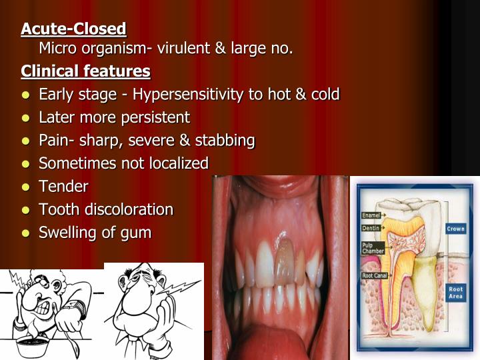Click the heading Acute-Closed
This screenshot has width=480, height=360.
point(73,29)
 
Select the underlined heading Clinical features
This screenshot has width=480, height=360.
point(85,71)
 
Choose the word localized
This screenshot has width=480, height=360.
point(175,163)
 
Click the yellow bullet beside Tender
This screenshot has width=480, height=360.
point(25,187)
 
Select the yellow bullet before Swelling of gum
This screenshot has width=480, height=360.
point(25,233)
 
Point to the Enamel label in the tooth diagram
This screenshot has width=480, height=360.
point(371,215)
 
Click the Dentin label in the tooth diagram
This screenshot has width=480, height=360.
point(370,228)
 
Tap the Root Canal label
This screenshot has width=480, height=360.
point(373,275)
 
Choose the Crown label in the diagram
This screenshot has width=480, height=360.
point(455,229)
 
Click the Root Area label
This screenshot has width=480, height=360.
point(455,293)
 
